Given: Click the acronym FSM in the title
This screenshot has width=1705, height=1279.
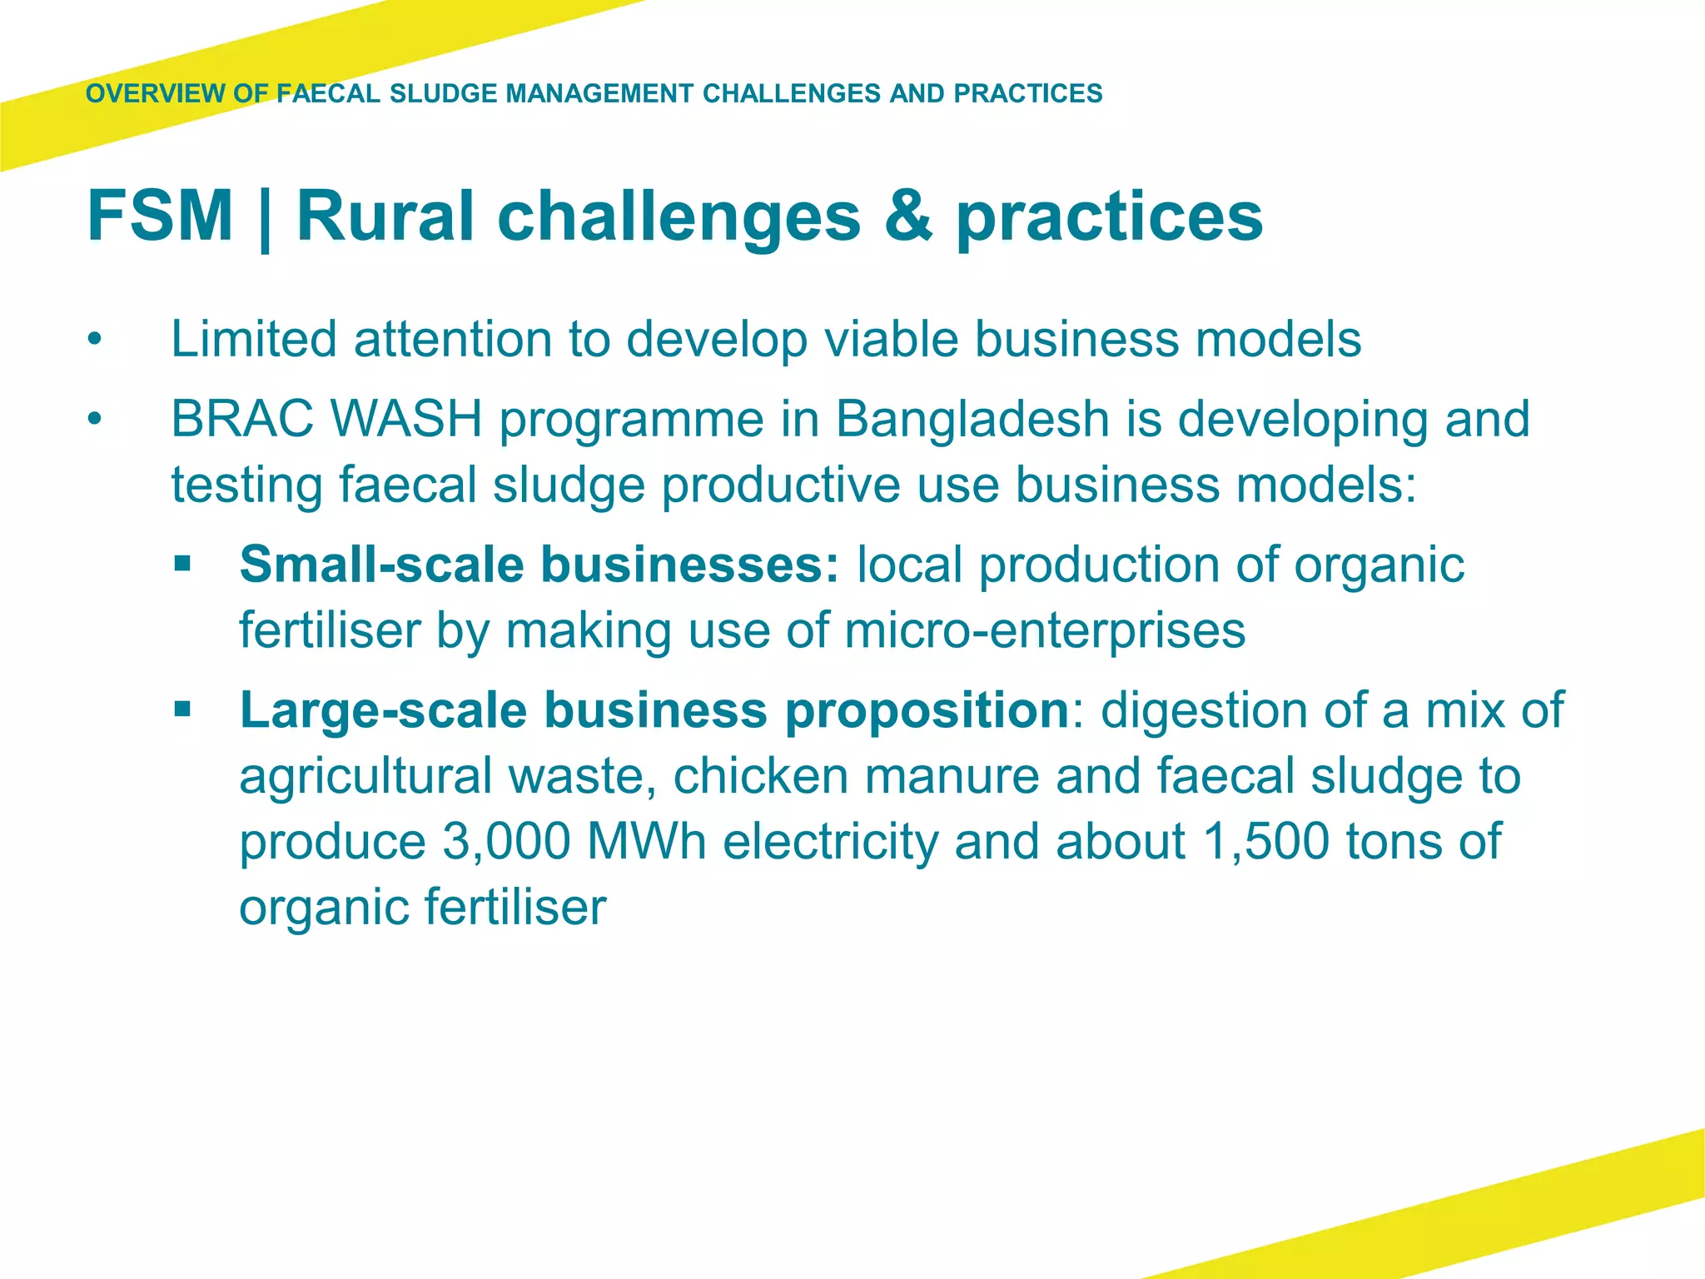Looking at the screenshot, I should [x=160, y=216].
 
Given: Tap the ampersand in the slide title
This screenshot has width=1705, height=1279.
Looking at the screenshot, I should [x=908, y=216].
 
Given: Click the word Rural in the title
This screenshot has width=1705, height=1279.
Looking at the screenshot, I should [x=385, y=216].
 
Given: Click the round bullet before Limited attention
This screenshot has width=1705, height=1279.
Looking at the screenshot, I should [x=96, y=341].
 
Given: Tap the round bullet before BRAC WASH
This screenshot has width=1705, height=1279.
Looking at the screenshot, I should [x=96, y=420].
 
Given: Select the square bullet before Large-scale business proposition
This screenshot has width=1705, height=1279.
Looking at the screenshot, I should [x=182, y=711].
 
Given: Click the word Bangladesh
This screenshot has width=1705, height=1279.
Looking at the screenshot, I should [x=972, y=419].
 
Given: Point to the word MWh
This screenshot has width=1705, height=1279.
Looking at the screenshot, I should [x=646, y=841].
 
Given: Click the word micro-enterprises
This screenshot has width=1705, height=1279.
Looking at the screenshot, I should [x=1045, y=630].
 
